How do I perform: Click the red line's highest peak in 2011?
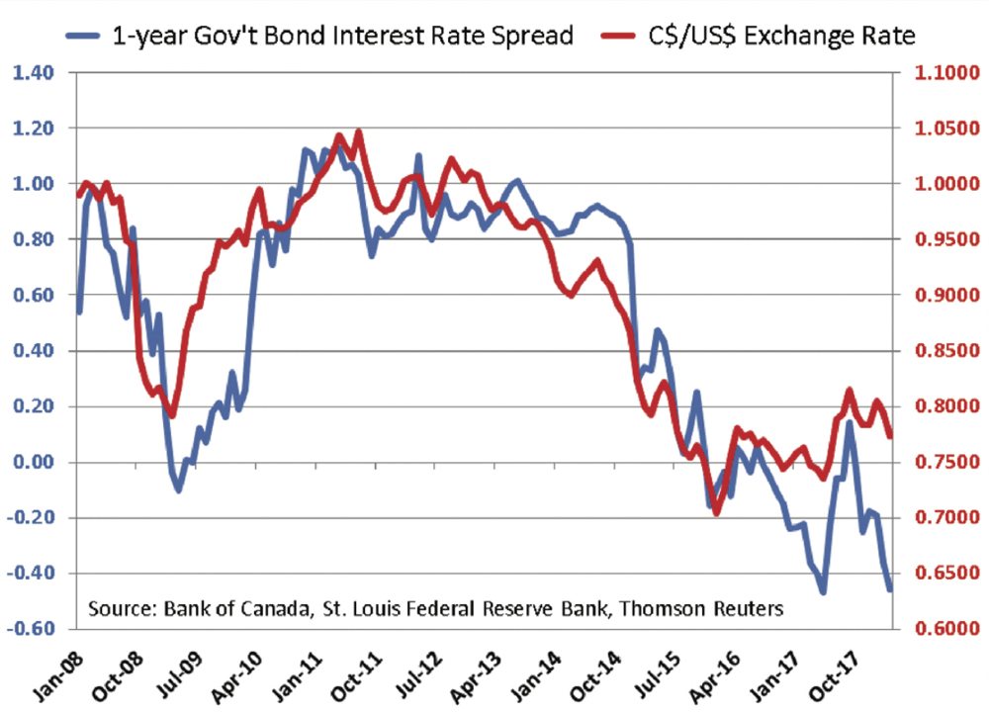click(357, 132)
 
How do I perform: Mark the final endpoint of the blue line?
click(889, 589)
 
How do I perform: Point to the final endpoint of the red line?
click(889, 436)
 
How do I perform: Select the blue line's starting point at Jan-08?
click(79, 311)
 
